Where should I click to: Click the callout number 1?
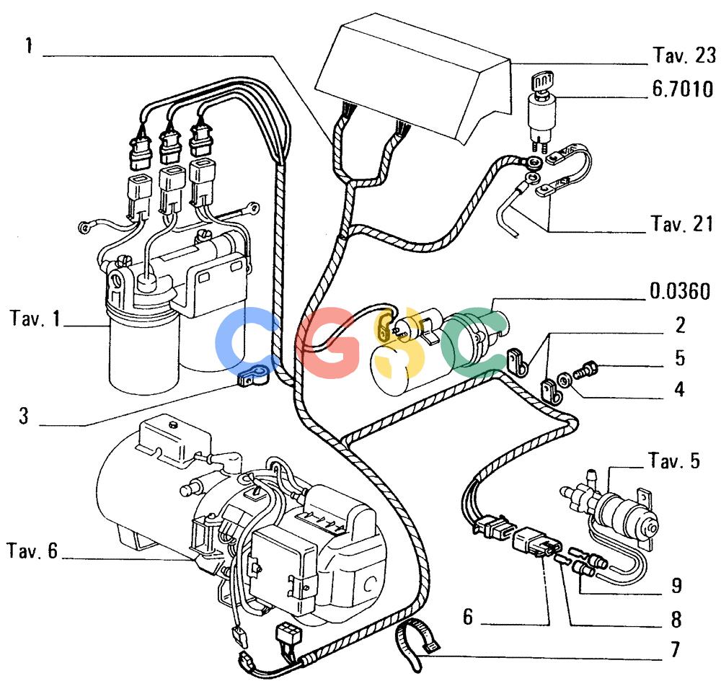pos(29,46)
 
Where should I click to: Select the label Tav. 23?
pos(684,55)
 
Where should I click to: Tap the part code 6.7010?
pos(683,89)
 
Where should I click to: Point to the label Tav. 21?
pos(682,224)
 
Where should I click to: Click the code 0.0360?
pos(680,291)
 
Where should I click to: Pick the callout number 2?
pos(680,325)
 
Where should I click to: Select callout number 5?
pos(680,358)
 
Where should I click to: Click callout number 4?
pos(680,389)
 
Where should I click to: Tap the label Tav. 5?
pos(674,460)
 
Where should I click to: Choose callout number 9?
pos(676,585)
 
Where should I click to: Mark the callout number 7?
pos(675,649)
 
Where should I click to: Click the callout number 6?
pos(468,617)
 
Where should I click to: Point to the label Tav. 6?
pos(32,551)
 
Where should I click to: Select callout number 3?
pos(24,415)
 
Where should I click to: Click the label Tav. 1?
pos(35,318)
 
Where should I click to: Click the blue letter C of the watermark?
pos(248,340)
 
